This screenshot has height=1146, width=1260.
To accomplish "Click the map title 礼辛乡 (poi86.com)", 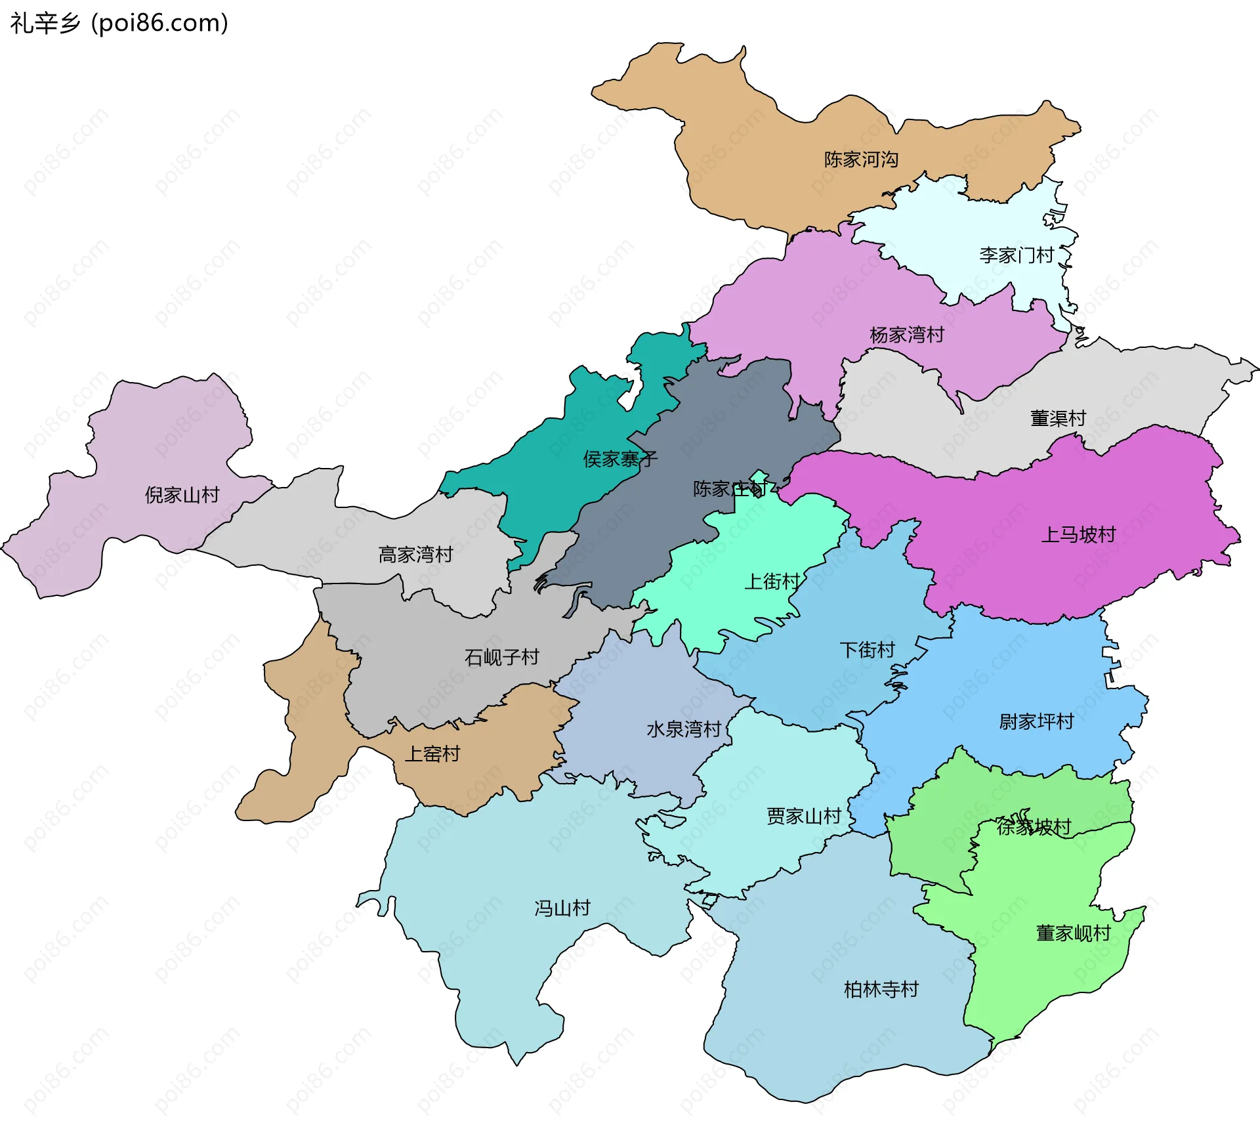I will tap(119, 24).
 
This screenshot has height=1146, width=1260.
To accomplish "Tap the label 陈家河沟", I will tap(861, 159).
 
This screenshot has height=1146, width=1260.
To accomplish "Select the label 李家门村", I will tap(1017, 255).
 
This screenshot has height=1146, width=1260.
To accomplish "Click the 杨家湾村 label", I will tap(907, 335).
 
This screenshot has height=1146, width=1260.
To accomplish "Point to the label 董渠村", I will tap(1058, 418).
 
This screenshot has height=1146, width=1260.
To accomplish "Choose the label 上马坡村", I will tap(1078, 534).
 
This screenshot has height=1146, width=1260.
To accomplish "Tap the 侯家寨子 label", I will tap(619, 459).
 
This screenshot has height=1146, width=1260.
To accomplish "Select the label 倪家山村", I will tap(182, 495).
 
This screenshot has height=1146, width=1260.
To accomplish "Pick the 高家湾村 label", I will tap(415, 555).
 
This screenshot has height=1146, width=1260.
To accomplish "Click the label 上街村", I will tap(772, 582).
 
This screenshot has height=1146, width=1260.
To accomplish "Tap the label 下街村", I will tap(867, 650).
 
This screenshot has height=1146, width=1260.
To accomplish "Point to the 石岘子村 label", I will tap(501, 657).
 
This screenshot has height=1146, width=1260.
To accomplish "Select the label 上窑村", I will tap(432, 753).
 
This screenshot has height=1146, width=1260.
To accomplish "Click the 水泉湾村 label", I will tap(684, 729).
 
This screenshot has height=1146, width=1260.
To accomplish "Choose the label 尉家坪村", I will tap(1036, 722).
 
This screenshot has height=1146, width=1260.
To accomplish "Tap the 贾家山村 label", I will tap(804, 816).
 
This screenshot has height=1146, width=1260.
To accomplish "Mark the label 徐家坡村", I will tap(1034, 826).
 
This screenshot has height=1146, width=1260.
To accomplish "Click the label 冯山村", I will tap(562, 908).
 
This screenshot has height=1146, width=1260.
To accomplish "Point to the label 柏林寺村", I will tap(881, 989).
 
